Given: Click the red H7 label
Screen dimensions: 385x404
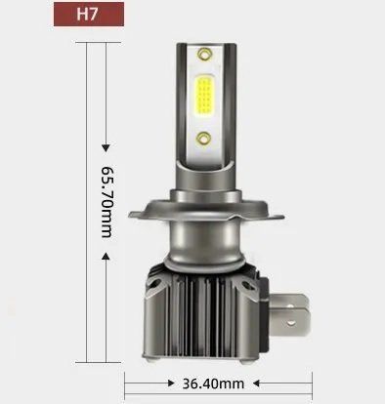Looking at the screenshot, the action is (89, 14).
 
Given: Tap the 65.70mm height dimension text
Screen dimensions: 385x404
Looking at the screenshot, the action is (107, 202).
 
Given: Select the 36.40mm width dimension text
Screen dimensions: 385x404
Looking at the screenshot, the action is (213, 384).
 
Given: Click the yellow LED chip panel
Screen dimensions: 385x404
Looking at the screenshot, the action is (204, 96).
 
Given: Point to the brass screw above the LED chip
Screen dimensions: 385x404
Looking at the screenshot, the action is (204, 54).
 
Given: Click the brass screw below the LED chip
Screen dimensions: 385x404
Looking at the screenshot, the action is (204, 139).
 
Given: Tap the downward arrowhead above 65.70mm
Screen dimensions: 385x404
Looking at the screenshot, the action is (106, 148).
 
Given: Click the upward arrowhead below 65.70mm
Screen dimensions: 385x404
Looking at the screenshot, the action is (106, 257).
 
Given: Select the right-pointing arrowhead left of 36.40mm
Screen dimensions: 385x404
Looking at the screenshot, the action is (171, 384).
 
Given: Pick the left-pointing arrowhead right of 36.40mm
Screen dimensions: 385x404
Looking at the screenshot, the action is (256, 384).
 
